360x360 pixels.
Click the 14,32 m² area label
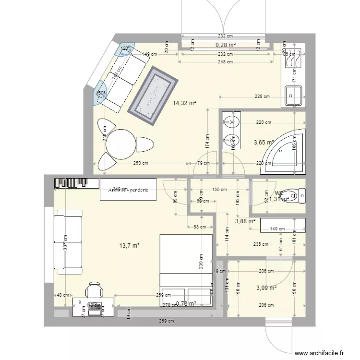pos(185,102)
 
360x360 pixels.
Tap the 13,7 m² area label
pos(129,245)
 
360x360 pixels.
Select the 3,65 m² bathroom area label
pos(263,142)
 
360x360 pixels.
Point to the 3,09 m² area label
pos(266,288)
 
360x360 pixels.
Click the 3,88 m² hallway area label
pos(245,221)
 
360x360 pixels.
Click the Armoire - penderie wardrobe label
pos(128,190)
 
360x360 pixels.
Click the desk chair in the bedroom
pos(95,290)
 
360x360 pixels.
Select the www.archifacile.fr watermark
pos(320,353)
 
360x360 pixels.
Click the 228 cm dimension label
pos(262,97)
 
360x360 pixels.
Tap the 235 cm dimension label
pos(261,244)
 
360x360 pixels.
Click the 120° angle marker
pos(125,49)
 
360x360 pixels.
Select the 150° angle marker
pos(100,93)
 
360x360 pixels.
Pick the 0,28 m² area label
pos(226,45)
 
